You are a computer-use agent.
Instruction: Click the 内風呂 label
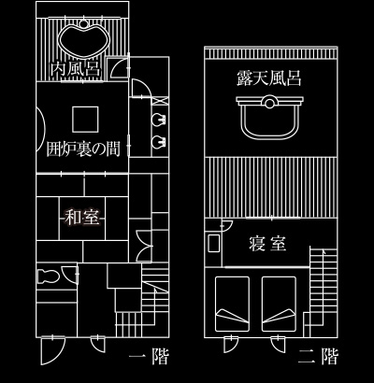point(76,70)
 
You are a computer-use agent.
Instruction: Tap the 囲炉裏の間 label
point(83,149)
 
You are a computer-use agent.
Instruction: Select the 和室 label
point(82,218)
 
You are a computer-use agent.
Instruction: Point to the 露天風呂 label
point(269,78)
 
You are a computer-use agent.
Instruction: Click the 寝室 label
point(267,244)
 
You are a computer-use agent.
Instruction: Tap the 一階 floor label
point(149,357)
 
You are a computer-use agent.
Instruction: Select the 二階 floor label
point(318,357)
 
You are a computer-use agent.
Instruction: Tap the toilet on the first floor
point(48,277)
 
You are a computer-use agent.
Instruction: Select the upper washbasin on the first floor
point(159,120)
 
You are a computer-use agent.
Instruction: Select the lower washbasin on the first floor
point(159,142)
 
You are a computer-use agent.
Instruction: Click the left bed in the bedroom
point(232,304)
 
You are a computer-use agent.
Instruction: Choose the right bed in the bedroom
point(279,304)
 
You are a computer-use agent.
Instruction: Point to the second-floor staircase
point(324,291)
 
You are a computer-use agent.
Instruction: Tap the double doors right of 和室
point(144,246)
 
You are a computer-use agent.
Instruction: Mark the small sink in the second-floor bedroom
point(214,243)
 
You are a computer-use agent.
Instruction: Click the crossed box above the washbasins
point(160,101)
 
